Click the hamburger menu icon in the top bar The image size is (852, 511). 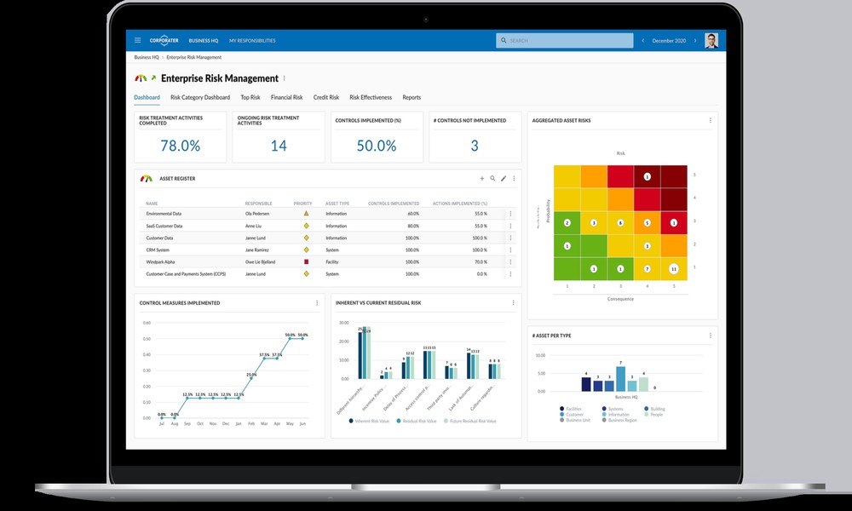(137, 40)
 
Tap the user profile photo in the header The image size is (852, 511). (711, 40)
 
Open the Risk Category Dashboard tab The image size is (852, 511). (199, 98)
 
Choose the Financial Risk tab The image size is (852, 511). (286, 98)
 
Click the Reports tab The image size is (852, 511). (412, 98)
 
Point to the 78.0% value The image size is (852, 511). (180, 146)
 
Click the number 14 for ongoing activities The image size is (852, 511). (279, 146)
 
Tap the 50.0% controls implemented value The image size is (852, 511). (376, 146)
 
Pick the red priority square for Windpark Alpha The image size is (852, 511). (306, 262)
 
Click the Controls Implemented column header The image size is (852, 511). (393, 204)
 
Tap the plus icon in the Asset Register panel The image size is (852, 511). (481, 179)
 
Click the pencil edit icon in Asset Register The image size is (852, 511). (504, 179)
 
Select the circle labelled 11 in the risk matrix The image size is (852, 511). (673, 269)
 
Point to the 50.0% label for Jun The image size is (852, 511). (302, 335)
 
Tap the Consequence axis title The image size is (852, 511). (619, 299)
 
